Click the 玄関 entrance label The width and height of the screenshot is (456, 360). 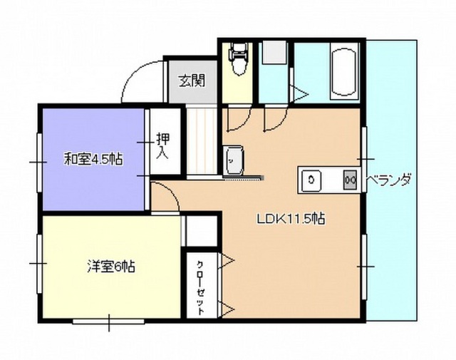pos(192,81)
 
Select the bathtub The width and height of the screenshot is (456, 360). pos(344,71)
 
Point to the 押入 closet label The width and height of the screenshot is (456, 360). pos(162,146)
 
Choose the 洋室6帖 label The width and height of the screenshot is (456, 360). pos(111,266)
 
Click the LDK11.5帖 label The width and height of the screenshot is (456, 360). pos(291,219)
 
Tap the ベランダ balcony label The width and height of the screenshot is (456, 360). pos(389,180)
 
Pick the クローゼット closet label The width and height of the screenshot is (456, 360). pos(201,287)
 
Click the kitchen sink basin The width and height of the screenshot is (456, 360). pos(311,180)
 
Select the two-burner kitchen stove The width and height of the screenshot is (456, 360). pos(350,180)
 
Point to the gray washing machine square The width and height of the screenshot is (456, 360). pos(274,52)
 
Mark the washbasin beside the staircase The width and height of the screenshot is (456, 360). pos(233,160)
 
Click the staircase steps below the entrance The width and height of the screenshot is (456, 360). pos(201,141)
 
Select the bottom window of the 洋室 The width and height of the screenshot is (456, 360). pos(108,322)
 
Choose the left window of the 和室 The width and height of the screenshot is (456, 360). pos(39,163)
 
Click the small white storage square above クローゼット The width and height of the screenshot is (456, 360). pos(201,231)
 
